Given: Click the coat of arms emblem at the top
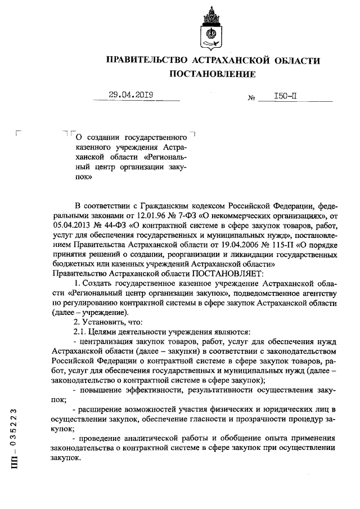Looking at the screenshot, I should tap(211, 28).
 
